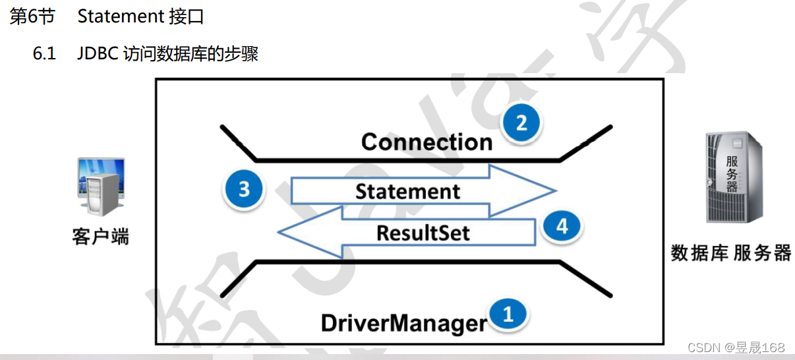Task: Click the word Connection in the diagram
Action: tap(427, 142)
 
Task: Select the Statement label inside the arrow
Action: tap(407, 192)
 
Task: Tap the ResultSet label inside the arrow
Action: tap(423, 233)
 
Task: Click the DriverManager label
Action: tap(403, 323)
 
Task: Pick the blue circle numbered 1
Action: tap(508, 315)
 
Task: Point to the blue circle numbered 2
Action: tap(521, 123)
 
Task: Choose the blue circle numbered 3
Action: tap(244, 189)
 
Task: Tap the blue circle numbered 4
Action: tap(562, 227)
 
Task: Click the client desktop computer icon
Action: tap(100, 187)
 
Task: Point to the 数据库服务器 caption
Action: tap(730, 253)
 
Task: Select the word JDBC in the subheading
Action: tap(98, 53)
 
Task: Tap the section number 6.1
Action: tap(45, 53)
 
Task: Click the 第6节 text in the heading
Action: tap(32, 16)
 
